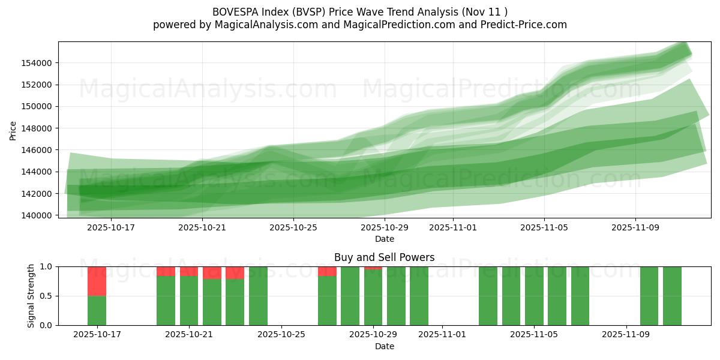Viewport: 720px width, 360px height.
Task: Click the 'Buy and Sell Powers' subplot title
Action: tap(384, 257)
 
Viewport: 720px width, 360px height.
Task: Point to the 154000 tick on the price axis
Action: tap(37, 63)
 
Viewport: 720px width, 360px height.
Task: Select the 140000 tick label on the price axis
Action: tap(37, 215)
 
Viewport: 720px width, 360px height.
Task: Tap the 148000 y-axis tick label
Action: tap(37, 128)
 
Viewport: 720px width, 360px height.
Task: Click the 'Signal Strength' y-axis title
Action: tap(31, 296)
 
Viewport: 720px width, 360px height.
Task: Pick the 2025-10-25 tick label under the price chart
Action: tap(293, 227)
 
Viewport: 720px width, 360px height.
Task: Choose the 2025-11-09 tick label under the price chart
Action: tap(635, 227)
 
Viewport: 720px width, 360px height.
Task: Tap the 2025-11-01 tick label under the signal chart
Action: tap(442, 334)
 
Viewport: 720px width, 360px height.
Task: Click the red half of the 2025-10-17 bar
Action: tap(97, 281)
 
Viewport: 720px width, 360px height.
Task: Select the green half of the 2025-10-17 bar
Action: tap(97, 310)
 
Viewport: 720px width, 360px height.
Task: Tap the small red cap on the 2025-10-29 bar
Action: tap(373, 268)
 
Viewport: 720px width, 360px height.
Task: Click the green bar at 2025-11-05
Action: tap(534, 296)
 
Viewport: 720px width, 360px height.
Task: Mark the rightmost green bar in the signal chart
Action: tap(672, 296)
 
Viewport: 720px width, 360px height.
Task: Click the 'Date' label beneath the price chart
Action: tap(384, 239)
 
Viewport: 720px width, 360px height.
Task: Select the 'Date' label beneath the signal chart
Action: tap(384, 346)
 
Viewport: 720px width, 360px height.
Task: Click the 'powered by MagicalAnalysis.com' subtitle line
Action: tap(360, 25)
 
